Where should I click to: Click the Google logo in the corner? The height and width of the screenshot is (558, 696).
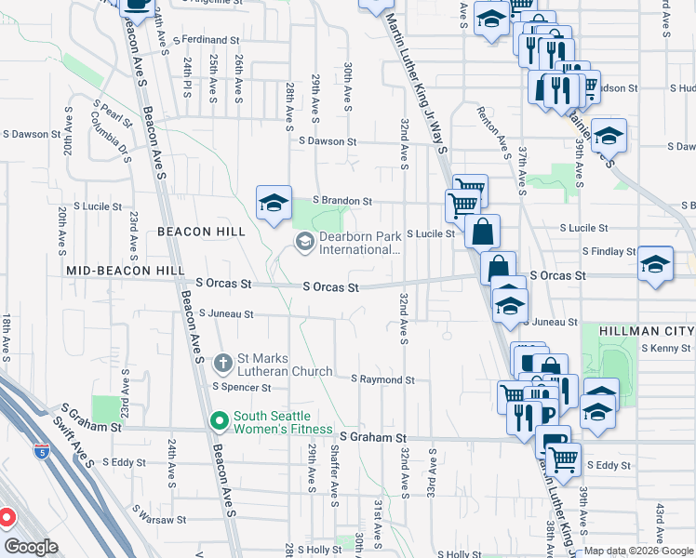coord(32,547)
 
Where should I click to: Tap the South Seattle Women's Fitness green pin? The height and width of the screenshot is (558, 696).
coord(220,422)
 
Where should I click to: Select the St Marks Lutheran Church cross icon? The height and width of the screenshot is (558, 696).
coord(223,362)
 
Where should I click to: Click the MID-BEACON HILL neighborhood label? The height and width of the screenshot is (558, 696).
coord(126,270)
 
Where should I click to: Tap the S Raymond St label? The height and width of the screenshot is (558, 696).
coord(382,380)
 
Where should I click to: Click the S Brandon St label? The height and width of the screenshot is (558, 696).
coord(341,200)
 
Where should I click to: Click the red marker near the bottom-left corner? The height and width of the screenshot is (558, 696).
coord(6,517)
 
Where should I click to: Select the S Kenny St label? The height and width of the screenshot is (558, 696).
coord(665,348)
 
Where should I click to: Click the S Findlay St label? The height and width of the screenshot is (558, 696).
coord(609,251)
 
